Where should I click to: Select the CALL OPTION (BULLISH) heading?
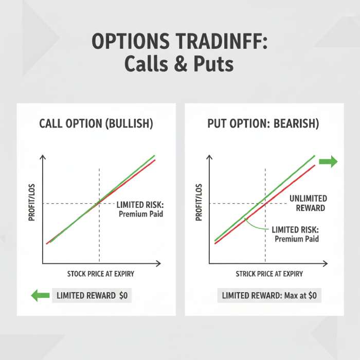96,124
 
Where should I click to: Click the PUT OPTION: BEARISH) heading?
263,124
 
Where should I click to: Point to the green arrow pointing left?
40,295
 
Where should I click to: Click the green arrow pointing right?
328,162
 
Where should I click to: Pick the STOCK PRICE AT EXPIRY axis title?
101,274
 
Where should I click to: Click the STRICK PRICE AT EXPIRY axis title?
269,274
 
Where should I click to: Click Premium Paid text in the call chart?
140,214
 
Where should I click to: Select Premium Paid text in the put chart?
297,239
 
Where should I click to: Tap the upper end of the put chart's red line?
314,166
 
